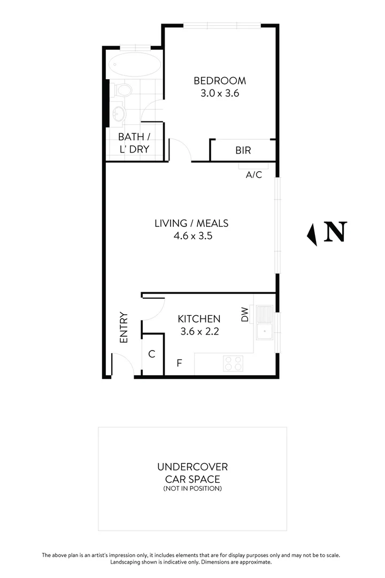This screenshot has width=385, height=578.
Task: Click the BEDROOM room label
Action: click(220, 81)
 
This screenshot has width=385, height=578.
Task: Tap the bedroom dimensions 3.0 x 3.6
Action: click(220, 93)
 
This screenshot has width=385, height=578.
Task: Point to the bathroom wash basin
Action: click(118, 113)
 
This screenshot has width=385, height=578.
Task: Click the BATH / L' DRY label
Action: click(134, 143)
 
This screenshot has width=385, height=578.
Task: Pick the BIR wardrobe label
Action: click(243, 150)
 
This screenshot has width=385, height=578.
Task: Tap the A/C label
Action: click(253, 174)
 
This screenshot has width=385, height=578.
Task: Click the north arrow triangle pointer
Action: click(311, 233)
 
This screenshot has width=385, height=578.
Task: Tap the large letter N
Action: click(336, 232)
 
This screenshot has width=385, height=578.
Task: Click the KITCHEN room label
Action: click(198, 319)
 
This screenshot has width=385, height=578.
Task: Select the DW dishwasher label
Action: click(245, 314)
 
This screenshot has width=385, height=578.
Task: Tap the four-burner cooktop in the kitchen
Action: click(233, 363)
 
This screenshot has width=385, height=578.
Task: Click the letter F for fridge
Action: click(180, 363)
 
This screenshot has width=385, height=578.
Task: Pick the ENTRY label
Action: click(124, 327)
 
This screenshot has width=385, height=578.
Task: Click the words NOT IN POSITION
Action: click(192, 489)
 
